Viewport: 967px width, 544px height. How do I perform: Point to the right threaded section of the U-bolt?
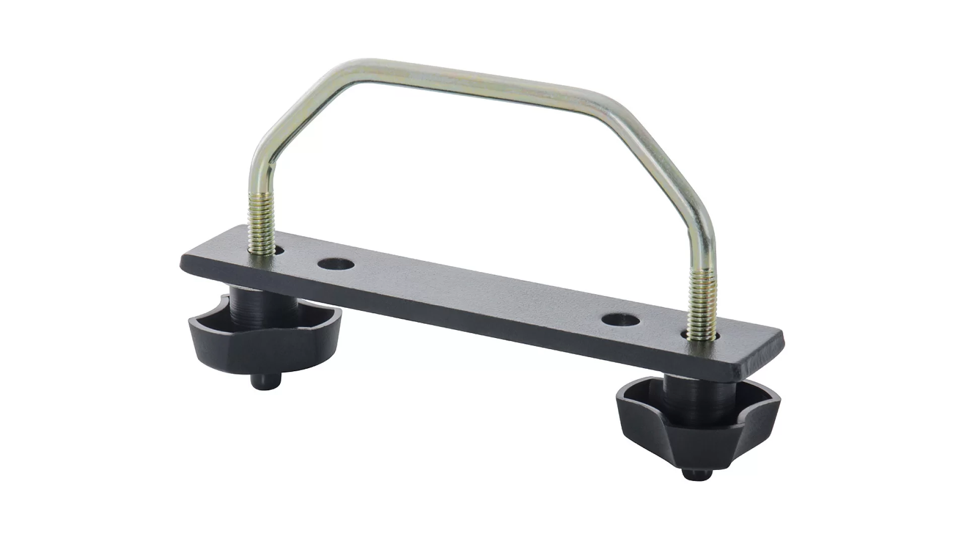click(x=702, y=302)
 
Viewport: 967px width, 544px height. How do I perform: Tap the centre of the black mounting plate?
click(x=478, y=297)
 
